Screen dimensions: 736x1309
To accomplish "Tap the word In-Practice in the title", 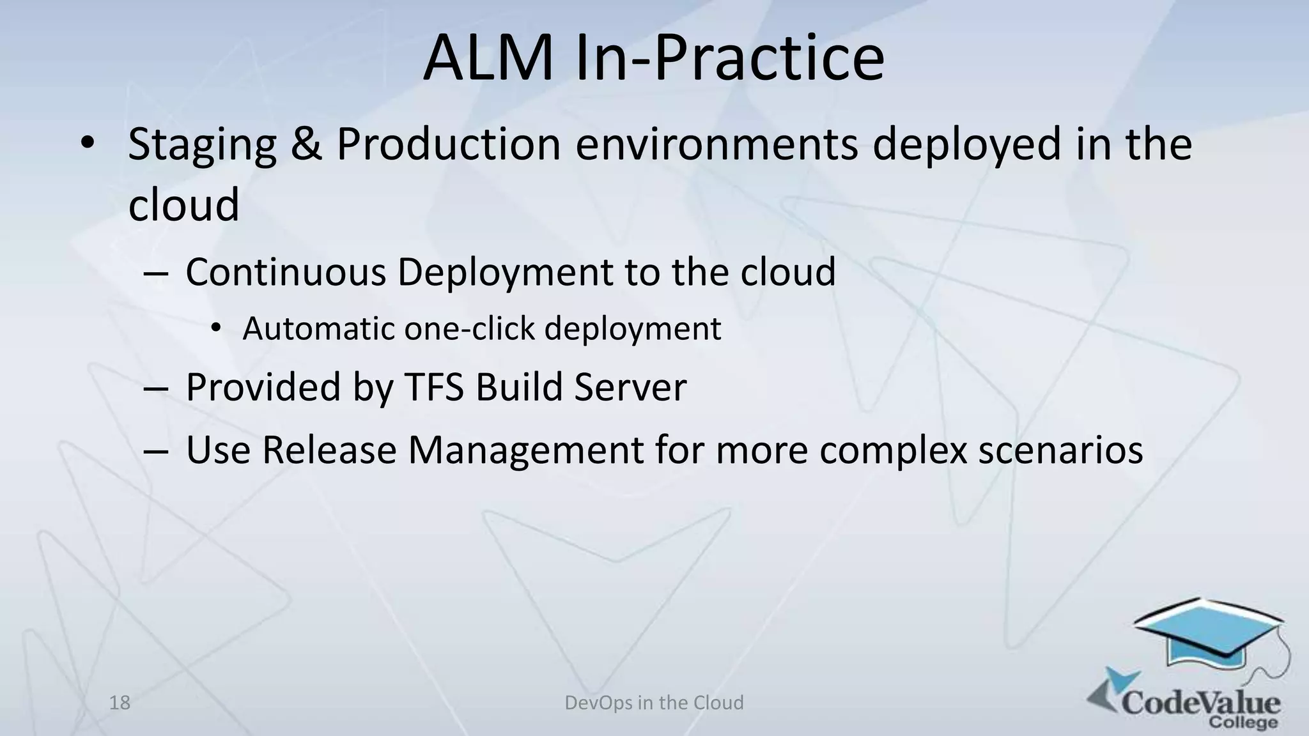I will (x=730, y=59).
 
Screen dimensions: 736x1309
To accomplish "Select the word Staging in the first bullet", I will (x=202, y=144).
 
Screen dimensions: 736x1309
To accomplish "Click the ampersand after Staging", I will (x=306, y=144).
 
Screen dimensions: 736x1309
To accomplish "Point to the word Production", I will (x=448, y=144).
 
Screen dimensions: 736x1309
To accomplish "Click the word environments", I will (x=716, y=144).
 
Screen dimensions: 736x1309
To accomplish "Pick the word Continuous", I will (x=286, y=272).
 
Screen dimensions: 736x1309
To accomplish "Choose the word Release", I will (x=329, y=450).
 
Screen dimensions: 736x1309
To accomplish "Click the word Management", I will (x=525, y=450).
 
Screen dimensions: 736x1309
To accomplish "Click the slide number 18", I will (x=120, y=703).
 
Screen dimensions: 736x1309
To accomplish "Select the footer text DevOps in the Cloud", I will (x=654, y=703).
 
